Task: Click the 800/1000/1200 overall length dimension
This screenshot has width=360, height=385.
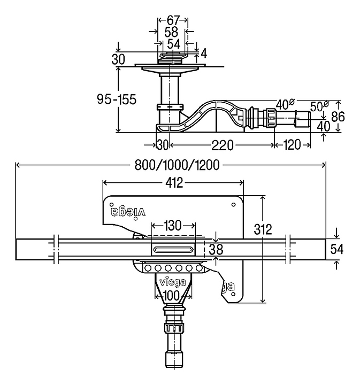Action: (x=177, y=165)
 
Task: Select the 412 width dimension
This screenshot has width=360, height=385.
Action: (x=174, y=183)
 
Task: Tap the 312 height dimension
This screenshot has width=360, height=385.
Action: (x=263, y=229)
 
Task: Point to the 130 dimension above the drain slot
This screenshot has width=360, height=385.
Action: (x=173, y=226)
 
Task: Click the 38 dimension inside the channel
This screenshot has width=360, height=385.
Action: (x=216, y=250)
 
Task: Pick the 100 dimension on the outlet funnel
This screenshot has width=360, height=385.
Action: (x=171, y=296)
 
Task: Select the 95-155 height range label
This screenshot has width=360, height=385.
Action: (x=117, y=99)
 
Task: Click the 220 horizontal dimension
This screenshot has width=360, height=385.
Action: (x=222, y=145)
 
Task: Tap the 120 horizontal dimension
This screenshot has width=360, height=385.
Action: (x=292, y=145)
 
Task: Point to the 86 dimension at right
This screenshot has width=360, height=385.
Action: (x=338, y=117)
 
